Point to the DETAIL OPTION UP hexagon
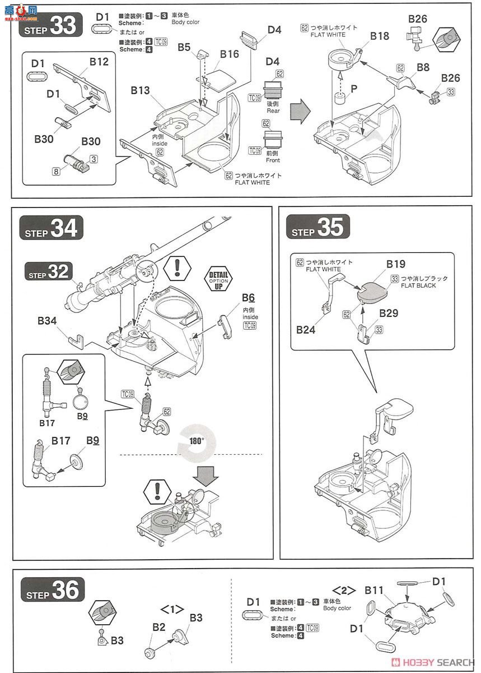point(220,277)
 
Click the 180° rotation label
point(196,440)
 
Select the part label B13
point(141,90)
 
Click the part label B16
point(230,54)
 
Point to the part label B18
point(380,36)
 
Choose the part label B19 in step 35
point(395,264)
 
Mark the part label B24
point(306,330)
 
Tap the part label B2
point(159,626)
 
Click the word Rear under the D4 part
point(273,110)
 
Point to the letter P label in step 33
point(354,88)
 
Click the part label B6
point(249,298)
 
